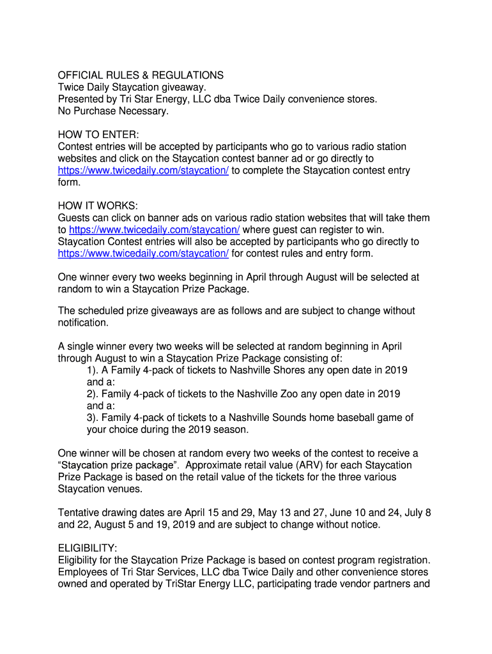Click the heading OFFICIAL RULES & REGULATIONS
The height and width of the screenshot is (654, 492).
point(141,75)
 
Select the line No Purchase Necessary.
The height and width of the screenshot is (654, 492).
point(113,111)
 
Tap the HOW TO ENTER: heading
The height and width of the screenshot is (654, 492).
point(98,135)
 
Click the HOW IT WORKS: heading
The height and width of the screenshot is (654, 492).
point(98,206)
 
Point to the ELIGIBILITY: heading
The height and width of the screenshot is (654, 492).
point(88,549)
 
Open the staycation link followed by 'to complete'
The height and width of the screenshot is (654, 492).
point(143,171)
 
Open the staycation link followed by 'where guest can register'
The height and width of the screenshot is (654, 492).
point(154,230)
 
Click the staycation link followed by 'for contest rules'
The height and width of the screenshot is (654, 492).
point(143,254)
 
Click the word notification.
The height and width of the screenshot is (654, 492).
point(83,323)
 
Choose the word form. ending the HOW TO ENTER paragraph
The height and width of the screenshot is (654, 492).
point(69,182)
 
